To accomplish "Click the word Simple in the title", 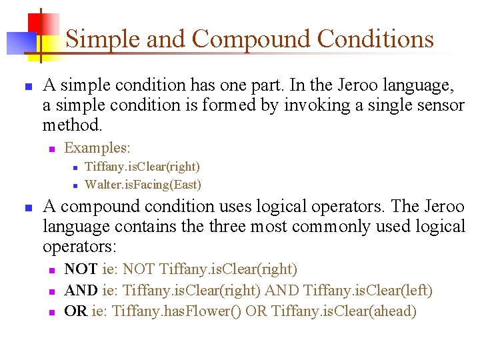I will coord(103,40).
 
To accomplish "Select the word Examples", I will coord(97,147).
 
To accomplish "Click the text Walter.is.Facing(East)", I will coord(143,184).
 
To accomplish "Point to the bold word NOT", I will coord(81,269).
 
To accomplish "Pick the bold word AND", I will coord(81,291).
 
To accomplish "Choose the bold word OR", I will coord(75,311).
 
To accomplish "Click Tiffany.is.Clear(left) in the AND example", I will coord(368,291).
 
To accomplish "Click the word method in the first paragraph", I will coord(71,125).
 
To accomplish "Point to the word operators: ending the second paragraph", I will coord(79,247).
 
